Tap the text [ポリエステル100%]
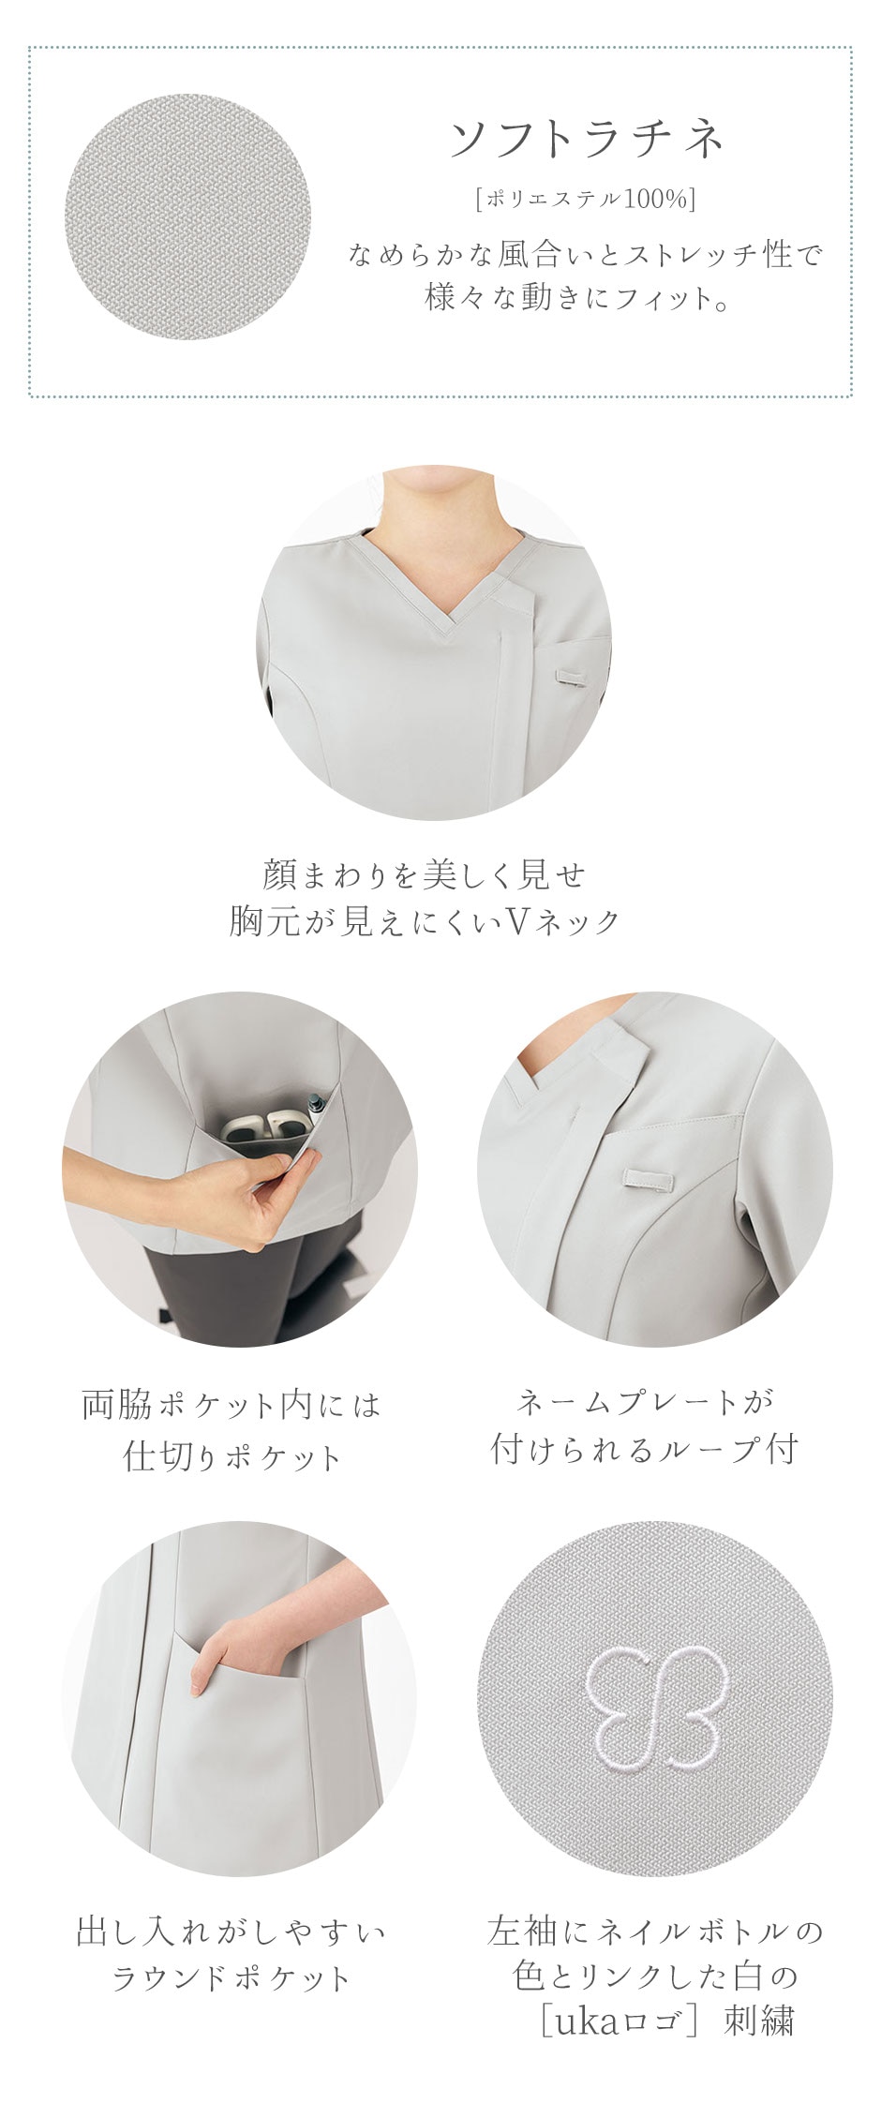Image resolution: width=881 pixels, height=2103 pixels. [585, 199]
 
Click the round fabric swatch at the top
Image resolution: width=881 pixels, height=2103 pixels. [187, 216]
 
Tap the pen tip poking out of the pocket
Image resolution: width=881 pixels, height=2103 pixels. [316, 1096]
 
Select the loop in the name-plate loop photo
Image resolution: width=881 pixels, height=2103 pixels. [646, 1179]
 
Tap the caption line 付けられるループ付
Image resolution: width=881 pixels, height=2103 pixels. [645, 1450]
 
